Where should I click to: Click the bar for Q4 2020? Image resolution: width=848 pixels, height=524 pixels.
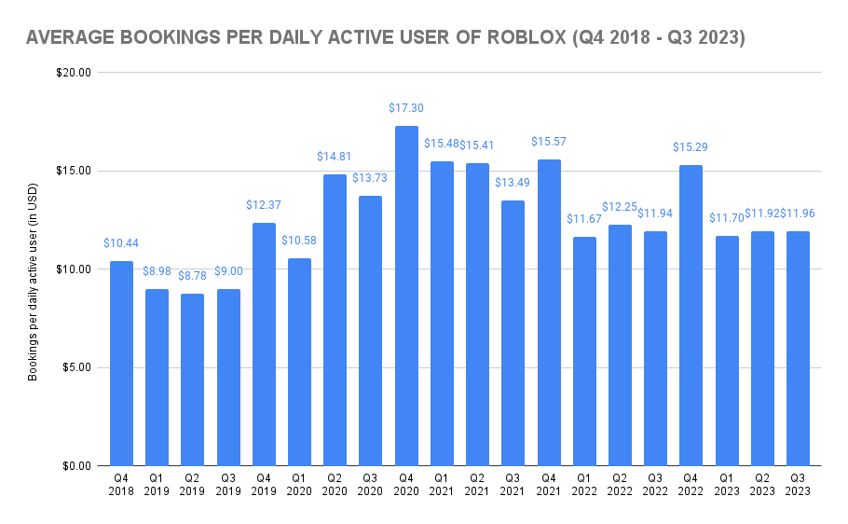pyautogui.click(x=406, y=296)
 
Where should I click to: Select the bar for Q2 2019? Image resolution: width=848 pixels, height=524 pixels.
pyautogui.click(x=193, y=379)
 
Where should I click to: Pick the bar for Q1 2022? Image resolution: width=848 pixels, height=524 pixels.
pyautogui.click(x=584, y=351)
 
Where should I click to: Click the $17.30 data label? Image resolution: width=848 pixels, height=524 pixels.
pyautogui.click(x=406, y=108)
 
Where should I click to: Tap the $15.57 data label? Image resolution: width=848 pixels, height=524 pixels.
pyautogui.click(x=549, y=142)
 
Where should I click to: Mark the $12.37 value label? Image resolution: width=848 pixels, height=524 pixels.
pyautogui.click(x=264, y=204)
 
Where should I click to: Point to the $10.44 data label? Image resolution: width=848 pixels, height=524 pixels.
pyautogui.click(x=121, y=242)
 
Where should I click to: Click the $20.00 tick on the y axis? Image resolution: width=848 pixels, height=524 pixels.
pyautogui.click(x=73, y=73)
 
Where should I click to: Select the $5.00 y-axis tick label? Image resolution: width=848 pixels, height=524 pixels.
pyautogui.click(x=75, y=367)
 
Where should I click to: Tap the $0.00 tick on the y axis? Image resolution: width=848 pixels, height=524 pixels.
pyautogui.click(x=75, y=465)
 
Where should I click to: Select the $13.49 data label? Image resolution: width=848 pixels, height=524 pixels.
pyautogui.click(x=513, y=183)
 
